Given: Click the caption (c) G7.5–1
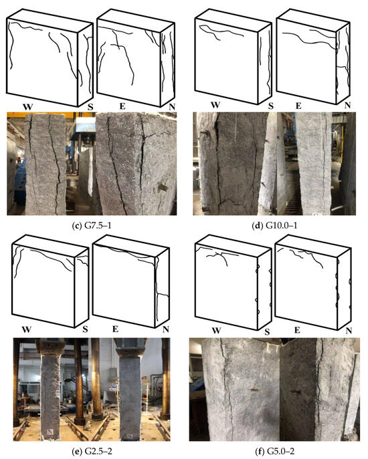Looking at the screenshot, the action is [x=92, y=226].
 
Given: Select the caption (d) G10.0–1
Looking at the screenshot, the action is [x=275, y=226].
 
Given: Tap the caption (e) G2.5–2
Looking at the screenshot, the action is [x=92, y=452].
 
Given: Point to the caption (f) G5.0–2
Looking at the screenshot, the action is [x=274, y=452].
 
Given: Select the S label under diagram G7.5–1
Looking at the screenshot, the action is [x=90, y=107].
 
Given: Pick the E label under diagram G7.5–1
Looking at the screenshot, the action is [x=122, y=106].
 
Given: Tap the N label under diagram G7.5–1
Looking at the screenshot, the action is [x=172, y=107].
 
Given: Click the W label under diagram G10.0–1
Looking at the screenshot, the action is [x=215, y=105].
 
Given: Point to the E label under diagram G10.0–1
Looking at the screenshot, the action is [x=298, y=106].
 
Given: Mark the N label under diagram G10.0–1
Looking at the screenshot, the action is [x=347, y=105].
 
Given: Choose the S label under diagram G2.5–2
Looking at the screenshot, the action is [x=85, y=329].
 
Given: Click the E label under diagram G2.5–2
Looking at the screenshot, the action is [x=115, y=329].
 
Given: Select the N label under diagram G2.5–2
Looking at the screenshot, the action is [x=166, y=329].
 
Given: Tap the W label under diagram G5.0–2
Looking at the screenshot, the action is [x=216, y=331].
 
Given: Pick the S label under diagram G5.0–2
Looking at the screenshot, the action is [x=267, y=331].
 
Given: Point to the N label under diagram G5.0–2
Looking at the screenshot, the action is [x=349, y=331].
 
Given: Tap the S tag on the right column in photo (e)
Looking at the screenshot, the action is [x=130, y=436].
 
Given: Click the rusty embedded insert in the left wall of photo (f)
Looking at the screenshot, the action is [x=254, y=389].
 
